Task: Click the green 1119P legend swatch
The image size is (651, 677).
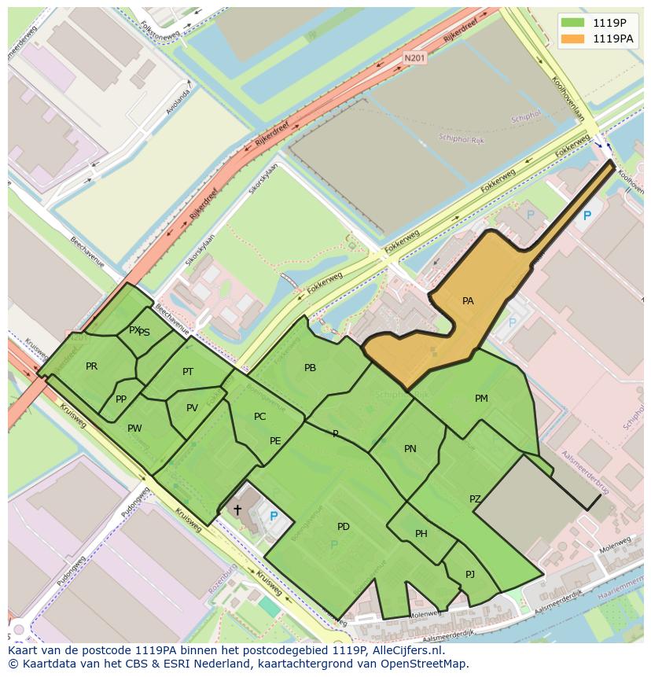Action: pyautogui.click(x=573, y=22)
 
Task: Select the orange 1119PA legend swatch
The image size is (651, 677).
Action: pyautogui.click(x=573, y=38)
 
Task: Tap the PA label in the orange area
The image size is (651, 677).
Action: pyautogui.click(x=468, y=301)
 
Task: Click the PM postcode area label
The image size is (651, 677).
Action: pyautogui.click(x=481, y=399)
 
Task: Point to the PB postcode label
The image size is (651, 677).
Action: pyautogui.click(x=310, y=368)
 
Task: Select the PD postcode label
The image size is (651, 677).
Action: pyautogui.click(x=344, y=527)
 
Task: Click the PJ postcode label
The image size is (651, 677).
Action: pyautogui.click(x=470, y=575)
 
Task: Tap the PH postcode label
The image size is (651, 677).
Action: pyautogui.click(x=421, y=535)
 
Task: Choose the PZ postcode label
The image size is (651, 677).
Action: pyautogui.click(x=475, y=499)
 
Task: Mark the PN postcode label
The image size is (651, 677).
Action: pyautogui.click(x=410, y=449)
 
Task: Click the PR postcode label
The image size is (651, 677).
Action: pyautogui.click(x=92, y=366)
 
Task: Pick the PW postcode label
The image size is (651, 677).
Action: pyautogui.click(x=134, y=429)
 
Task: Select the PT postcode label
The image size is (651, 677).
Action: pyautogui.click(x=188, y=372)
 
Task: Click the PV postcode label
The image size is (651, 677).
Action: pyautogui.click(x=192, y=408)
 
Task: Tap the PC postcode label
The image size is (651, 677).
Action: pyautogui.click(x=260, y=417)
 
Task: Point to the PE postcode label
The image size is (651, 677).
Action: pyautogui.click(x=275, y=441)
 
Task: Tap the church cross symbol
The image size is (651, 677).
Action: pyautogui.click(x=237, y=510)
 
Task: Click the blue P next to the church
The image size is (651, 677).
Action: pyautogui.click(x=274, y=517)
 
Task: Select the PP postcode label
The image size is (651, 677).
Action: pyautogui.click(x=121, y=399)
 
